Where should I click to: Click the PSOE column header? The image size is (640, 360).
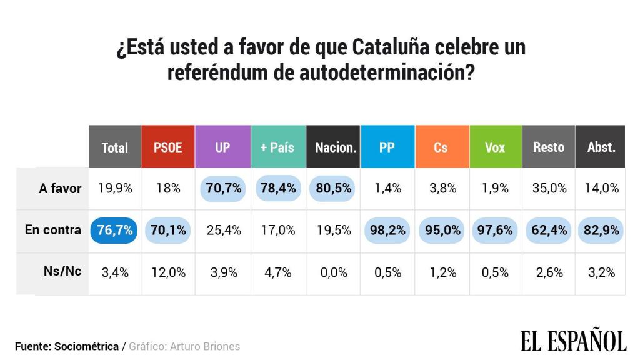[x=167, y=147]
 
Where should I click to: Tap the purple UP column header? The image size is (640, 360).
[x=222, y=147]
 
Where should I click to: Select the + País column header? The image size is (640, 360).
[x=277, y=147]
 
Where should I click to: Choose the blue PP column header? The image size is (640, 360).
[x=387, y=147]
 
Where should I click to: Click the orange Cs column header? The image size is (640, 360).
[x=441, y=147]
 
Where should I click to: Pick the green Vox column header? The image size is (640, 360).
[x=495, y=147]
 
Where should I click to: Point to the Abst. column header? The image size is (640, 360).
[x=601, y=147]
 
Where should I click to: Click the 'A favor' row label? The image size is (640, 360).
[x=60, y=188]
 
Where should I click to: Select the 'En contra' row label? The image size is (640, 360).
[x=53, y=230]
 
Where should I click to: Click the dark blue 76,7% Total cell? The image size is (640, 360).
[x=115, y=230]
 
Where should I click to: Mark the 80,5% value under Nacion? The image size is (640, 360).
[x=334, y=188]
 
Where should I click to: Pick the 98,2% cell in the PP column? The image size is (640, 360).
[x=387, y=230]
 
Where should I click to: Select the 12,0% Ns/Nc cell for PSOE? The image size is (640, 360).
[x=168, y=272]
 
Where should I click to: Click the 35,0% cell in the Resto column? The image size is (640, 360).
[x=548, y=188]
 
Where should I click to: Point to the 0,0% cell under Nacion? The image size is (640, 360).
[x=334, y=272]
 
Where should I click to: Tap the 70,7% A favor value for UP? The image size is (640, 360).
[x=222, y=188]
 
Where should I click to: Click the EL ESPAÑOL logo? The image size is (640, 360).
[x=573, y=341]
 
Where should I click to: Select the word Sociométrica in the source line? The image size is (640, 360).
[x=87, y=346]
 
